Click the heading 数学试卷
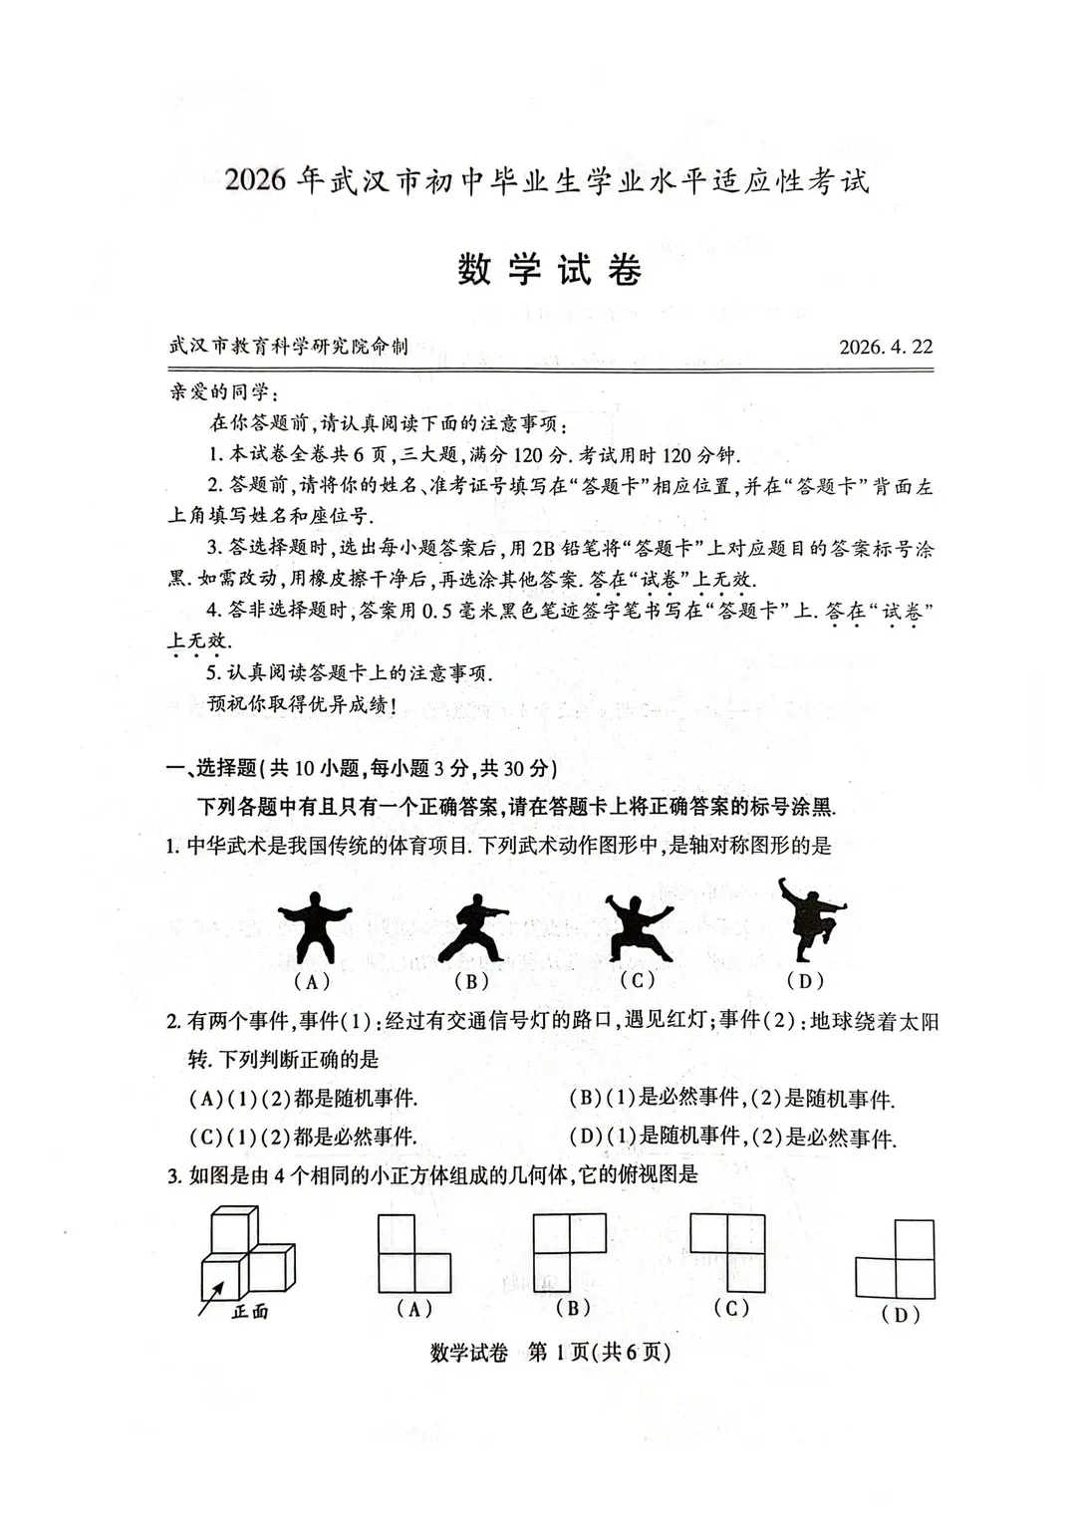(x=549, y=270)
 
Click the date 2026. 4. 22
(x=885, y=347)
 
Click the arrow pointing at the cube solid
(x=212, y=1296)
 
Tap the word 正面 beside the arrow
(x=250, y=1312)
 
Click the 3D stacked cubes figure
(x=245, y=1253)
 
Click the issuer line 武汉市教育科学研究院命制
(x=289, y=347)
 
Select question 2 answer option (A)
(x=303, y=1099)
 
